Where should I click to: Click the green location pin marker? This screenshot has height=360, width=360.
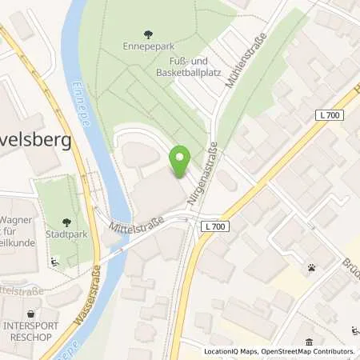coord(181,161)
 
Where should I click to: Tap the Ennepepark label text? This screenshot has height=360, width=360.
coord(147,47)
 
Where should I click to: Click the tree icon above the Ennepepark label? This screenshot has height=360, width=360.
coord(147,34)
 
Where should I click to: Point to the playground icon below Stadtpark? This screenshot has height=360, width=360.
coord(54,261)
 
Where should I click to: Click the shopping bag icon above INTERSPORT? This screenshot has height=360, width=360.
coord(31,314)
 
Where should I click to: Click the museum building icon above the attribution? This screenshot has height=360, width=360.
coord(308,341)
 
